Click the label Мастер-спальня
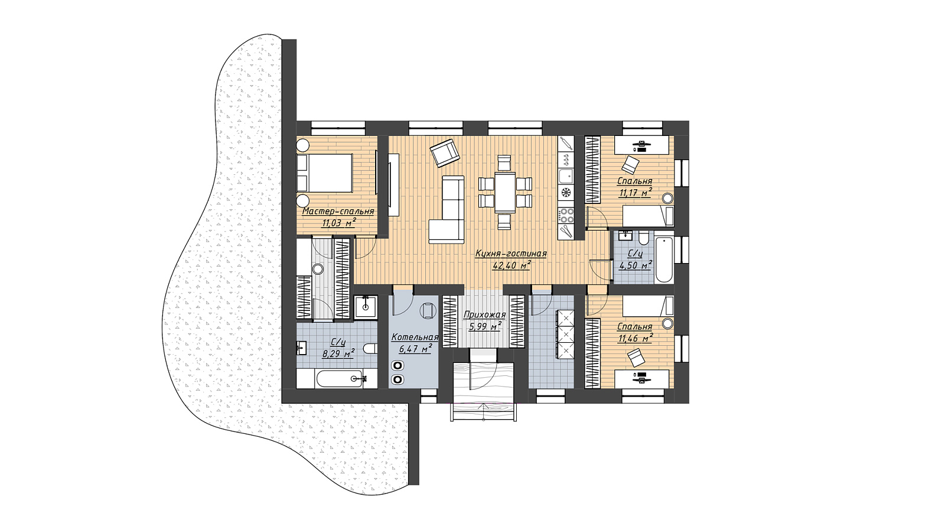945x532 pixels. pos(338,211)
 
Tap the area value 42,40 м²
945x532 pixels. pos(511,265)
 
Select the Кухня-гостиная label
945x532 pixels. pos(511,254)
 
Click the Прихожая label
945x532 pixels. pos(484,314)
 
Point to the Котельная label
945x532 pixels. pos(415,338)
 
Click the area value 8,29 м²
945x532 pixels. pos(338,353)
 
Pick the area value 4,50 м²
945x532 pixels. pos(636,265)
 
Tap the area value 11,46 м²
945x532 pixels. pos(636,338)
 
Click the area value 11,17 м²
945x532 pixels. pos(635,193)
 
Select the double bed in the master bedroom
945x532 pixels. pos(324,173)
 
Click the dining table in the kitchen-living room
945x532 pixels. pos(505,192)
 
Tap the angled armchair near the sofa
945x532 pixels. pos(444,153)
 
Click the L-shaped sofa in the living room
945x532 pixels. pos(447,210)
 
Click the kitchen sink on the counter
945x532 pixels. pos(566,176)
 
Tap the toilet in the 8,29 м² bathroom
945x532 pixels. pos(370,349)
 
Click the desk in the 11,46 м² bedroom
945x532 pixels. pos(641,379)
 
